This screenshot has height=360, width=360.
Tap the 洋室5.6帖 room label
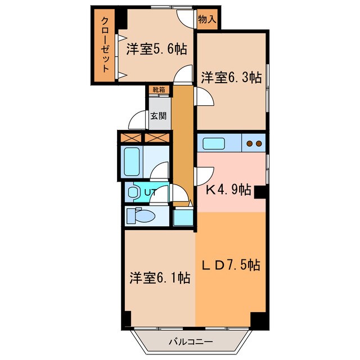pyautogui.click(x=156, y=49)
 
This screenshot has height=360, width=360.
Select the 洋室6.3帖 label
pyautogui.click(x=231, y=78)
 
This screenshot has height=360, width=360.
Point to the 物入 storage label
pyautogui.click(x=206, y=19)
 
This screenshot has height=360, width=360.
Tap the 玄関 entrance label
pyautogui.click(x=158, y=116)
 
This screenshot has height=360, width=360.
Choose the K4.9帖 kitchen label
pyautogui.click(x=228, y=190)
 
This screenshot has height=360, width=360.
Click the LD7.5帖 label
pyautogui.click(x=230, y=264)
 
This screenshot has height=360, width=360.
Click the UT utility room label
pyautogui.click(x=150, y=193)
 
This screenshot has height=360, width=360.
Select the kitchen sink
pyautogui.click(x=214, y=143)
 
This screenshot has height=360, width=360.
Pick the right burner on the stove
pyautogui.click(x=258, y=143)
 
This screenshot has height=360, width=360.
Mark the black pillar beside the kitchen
pyautogui.click(x=259, y=193)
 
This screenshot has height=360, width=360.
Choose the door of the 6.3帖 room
pyautogui.click(x=204, y=98)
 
